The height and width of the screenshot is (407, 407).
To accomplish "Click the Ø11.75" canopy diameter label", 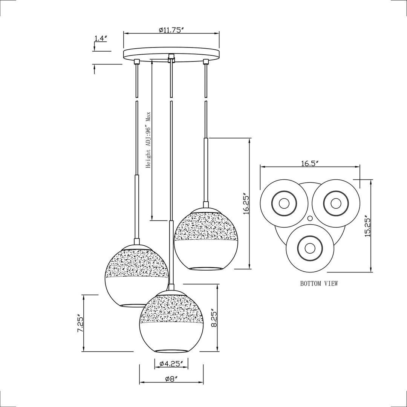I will pyautogui.click(x=171, y=30).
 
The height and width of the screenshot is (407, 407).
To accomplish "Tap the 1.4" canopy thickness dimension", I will pyautogui.click(x=101, y=38).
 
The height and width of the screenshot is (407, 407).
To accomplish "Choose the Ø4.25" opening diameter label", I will pyautogui.click(x=171, y=363).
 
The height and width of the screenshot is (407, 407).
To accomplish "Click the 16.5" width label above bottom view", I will pyautogui.click(x=310, y=163).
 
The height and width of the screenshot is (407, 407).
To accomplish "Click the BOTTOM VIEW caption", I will pyautogui.click(x=319, y=283).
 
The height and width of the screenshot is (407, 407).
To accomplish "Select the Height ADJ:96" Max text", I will pyautogui.click(x=148, y=139).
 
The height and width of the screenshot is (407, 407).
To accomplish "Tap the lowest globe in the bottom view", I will pyautogui.click(x=310, y=248).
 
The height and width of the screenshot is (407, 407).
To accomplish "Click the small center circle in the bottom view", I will pyautogui.click(x=310, y=218).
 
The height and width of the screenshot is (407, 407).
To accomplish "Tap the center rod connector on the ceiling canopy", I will pyautogui.click(x=171, y=58).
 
